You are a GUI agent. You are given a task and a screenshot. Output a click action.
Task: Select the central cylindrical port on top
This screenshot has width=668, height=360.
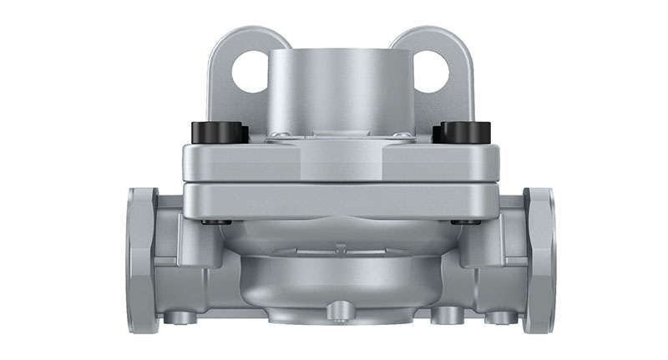[x=338, y=88]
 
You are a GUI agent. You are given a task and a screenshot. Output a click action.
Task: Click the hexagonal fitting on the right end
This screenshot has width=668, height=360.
[x=539, y=258]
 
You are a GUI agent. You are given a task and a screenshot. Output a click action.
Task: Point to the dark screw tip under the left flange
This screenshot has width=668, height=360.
[x=215, y=222]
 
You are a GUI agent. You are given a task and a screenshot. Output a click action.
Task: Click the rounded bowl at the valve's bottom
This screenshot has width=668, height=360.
[x=337, y=284]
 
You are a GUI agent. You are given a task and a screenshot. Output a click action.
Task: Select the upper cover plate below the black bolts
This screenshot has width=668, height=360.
[x=338, y=163]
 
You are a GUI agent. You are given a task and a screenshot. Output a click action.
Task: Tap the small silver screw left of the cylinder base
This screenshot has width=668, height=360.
[x=283, y=134]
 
